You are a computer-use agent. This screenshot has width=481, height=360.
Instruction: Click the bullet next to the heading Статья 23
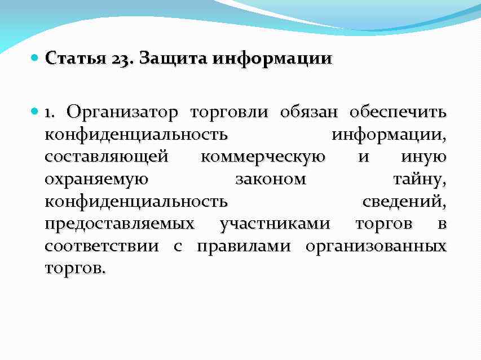pos(35,58)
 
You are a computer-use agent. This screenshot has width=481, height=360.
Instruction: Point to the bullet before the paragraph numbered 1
pos(35,112)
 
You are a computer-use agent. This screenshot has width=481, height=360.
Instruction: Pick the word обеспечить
pos(398,112)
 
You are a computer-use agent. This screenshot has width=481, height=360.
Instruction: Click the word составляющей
pos(106,157)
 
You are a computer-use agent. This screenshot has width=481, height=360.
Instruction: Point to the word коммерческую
pos(262,157)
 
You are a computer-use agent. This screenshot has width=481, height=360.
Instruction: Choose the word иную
pos(423,157)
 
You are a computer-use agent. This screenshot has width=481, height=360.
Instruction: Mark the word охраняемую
pos(96,180)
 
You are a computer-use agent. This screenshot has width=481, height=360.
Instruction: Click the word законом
pos(270,180)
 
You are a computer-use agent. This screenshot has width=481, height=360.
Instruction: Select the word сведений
pos(404,202)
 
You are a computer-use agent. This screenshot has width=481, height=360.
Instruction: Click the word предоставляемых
pos(119,224)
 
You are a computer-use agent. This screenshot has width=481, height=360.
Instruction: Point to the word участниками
pos(275,224)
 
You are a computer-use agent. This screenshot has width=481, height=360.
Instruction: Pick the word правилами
pos(245,247)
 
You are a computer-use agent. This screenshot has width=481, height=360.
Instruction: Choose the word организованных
pos(376,247)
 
